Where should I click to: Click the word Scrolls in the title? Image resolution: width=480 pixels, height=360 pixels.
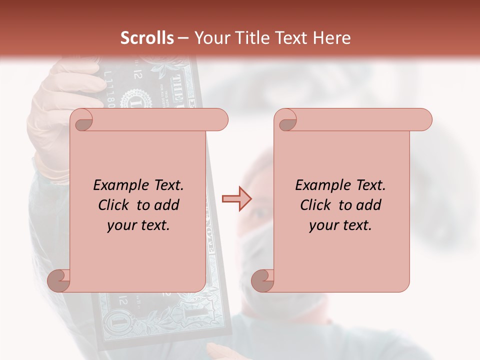click(x=147, y=38)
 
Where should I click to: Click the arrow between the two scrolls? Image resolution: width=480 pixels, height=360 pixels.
click(x=236, y=199)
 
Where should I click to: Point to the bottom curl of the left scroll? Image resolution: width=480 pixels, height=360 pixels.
click(x=58, y=280)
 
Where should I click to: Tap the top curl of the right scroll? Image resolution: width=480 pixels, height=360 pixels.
click(x=285, y=120)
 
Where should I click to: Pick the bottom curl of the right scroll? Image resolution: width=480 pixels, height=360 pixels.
click(x=262, y=280)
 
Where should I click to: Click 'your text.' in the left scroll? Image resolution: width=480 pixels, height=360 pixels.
click(x=138, y=225)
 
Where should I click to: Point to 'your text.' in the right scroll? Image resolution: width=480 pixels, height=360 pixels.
click(x=340, y=225)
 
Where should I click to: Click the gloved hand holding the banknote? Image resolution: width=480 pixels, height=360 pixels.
click(x=55, y=115)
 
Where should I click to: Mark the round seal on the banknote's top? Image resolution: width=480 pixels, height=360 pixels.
click(x=134, y=97)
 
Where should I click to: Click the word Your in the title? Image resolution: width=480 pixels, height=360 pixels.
click(x=208, y=38)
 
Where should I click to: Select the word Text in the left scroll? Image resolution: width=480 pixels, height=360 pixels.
click(x=167, y=185)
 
